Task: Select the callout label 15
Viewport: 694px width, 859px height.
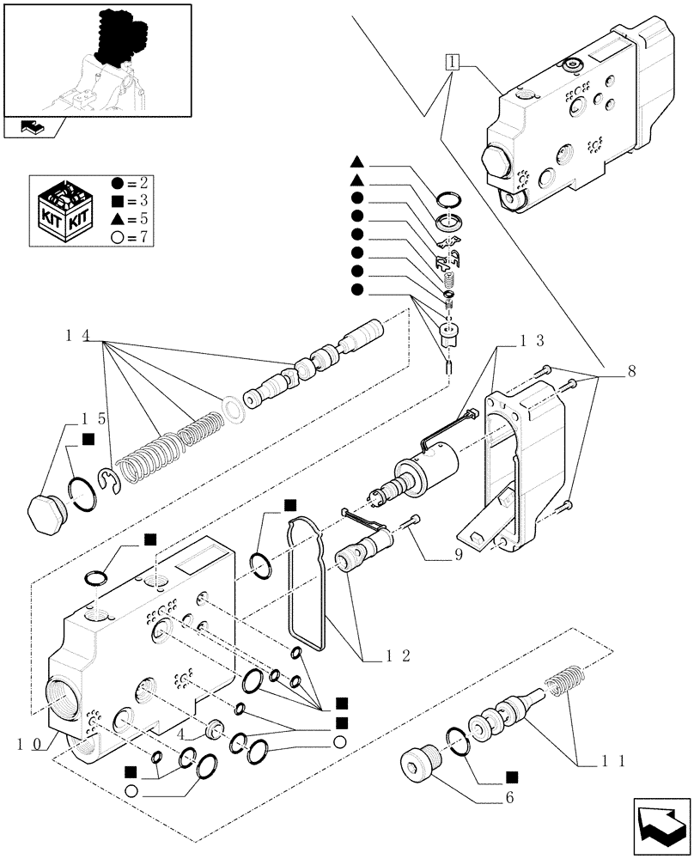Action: [x=94, y=418]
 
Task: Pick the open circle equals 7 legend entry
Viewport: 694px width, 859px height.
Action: [x=130, y=236]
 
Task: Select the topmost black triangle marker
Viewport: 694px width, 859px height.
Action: [x=356, y=161]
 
